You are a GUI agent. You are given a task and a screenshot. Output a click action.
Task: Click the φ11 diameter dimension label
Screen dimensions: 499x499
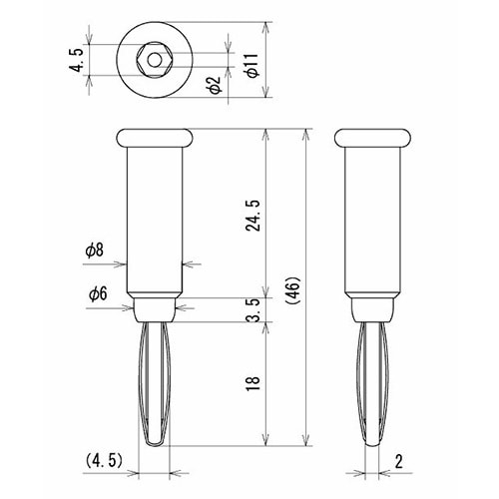point(252,65)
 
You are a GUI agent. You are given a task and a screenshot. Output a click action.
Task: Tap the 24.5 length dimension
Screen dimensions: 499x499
point(253,216)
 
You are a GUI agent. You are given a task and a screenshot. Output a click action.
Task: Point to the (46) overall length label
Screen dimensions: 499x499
point(293,290)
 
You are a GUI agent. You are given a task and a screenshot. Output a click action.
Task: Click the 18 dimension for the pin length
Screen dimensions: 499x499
point(253,384)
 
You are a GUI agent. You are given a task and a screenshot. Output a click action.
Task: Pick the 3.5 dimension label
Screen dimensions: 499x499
point(253,309)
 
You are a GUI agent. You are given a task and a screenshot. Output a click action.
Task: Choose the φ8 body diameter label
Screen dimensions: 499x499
point(94,250)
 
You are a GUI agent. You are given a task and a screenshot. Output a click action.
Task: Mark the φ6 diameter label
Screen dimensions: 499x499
point(98,294)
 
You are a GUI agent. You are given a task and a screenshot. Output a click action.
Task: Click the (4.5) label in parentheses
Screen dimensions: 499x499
point(104,461)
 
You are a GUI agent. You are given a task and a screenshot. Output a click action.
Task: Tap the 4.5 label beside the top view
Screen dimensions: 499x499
point(76,60)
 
